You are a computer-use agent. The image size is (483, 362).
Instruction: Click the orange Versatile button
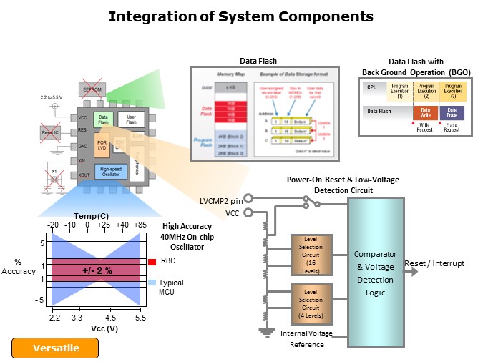click(56, 348)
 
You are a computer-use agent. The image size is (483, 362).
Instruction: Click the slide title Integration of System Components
click(240, 16)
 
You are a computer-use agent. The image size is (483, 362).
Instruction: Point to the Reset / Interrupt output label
click(434, 263)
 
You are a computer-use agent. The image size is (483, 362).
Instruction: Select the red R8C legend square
click(152, 262)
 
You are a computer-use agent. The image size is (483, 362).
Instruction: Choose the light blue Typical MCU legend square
click(152, 283)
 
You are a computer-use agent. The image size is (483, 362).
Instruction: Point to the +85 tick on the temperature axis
click(139, 225)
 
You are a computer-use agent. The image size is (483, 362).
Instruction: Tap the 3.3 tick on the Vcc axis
click(78, 317)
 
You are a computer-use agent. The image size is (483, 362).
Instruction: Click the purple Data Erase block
click(452, 112)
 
